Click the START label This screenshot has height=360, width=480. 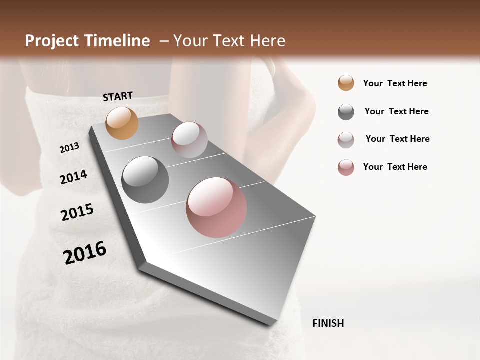point(118,96)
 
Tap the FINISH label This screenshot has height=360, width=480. point(328,323)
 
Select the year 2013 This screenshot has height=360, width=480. point(69,148)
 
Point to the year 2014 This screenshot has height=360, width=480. point(73,177)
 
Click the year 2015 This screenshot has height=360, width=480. point(77,212)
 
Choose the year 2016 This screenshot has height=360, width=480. point(85,253)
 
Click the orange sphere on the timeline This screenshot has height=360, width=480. point(122,123)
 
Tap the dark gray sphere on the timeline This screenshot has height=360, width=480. point(145,180)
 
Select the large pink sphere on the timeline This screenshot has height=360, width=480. point(216,207)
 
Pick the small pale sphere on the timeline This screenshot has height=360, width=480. point(189,139)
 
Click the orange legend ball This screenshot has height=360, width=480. point(346,83)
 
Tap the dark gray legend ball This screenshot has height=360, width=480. point(346,112)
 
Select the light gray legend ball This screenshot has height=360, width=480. point(346,140)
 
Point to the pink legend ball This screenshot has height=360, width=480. point(346,167)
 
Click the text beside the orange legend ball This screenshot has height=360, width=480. point(395,83)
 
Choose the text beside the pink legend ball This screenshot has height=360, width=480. point(395,167)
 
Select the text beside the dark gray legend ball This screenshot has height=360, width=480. point(396,111)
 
